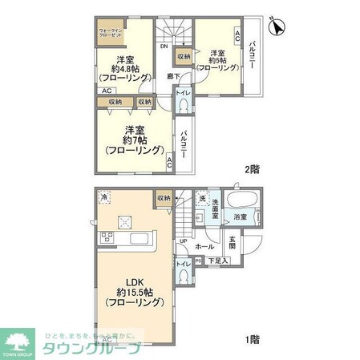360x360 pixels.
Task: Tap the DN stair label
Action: [x=164, y=46]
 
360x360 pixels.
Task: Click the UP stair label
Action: [x=183, y=241]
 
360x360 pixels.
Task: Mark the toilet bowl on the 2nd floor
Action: [x=184, y=106]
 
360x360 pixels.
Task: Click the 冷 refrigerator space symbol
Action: [x=104, y=197]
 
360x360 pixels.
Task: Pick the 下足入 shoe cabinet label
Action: [x=218, y=261]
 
